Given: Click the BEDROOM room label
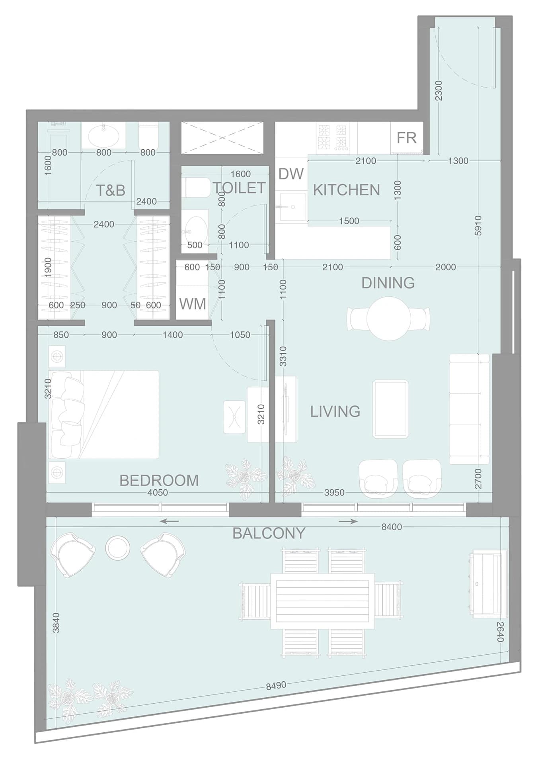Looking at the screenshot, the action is pyautogui.click(x=159, y=480).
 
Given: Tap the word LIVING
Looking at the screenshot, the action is pyautogui.click(x=335, y=411).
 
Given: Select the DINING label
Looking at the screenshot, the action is pyautogui.click(x=388, y=283).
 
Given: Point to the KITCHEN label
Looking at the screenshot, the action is pyautogui.click(x=346, y=190).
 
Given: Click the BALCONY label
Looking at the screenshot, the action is pyautogui.click(x=269, y=533).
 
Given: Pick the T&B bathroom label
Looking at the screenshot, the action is pyautogui.click(x=111, y=190).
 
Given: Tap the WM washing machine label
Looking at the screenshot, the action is pyautogui.click(x=193, y=304).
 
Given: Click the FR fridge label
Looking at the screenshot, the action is pyautogui.click(x=406, y=138).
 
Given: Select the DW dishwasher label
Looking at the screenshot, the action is pyautogui.click(x=291, y=174).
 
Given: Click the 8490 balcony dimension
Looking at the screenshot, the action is pyautogui.click(x=276, y=685).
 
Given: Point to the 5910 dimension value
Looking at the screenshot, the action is pyautogui.click(x=478, y=226).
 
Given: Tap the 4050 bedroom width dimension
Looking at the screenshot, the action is pyautogui.click(x=158, y=493).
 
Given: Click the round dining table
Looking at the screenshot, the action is pyautogui.click(x=388, y=319).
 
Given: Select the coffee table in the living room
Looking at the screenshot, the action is pyautogui.click(x=390, y=409).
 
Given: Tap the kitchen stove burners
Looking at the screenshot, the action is pyautogui.click(x=331, y=137).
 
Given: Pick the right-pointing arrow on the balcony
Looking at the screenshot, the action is pyautogui.click(x=348, y=521).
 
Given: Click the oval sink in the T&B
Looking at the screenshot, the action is pyautogui.click(x=103, y=136).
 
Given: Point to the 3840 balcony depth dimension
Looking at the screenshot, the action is pyautogui.click(x=56, y=623).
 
